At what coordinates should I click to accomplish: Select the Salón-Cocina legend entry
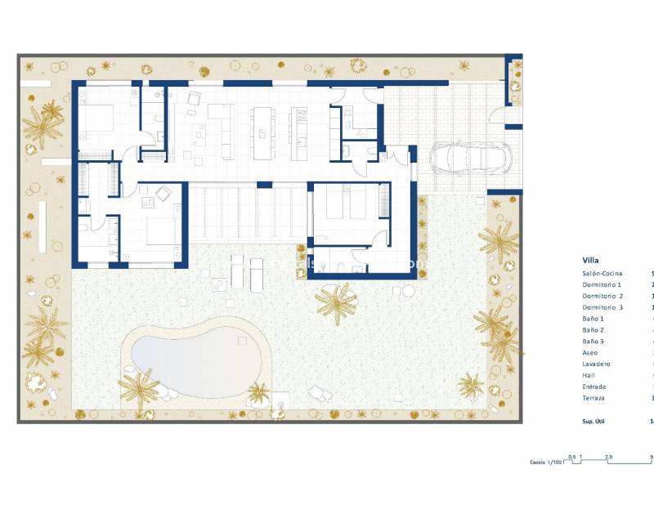click(602, 273)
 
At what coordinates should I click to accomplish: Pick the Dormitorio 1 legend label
click(602, 284)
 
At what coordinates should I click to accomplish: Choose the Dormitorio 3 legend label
click(603, 307)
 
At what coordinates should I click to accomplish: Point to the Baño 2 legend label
click(594, 330)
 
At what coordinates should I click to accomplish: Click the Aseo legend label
click(590, 353)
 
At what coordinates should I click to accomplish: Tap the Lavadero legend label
click(596, 364)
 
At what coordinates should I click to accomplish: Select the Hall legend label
click(589, 375)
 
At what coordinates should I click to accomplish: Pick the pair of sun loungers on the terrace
click(247, 271)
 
